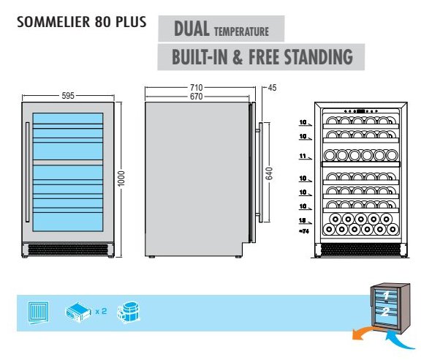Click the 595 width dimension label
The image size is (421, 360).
tap(68, 95)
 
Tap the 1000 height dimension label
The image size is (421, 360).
tap(121, 179)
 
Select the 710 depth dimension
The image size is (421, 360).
tap(197, 87)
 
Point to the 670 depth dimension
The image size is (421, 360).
tap(197, 97)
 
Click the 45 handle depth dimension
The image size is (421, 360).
tap(272, 88)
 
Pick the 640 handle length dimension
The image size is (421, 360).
tap(269, 173)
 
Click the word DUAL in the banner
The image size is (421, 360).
tap(191, 29)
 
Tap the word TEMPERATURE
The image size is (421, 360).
tap(241, 31)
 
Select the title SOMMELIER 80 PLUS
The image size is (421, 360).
tap(82, 22)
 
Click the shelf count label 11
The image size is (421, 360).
tap(303, 156)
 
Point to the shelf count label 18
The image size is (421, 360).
tap(303, 220)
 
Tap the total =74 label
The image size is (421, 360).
tap(304, 231)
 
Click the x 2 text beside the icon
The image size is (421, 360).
tap(101, 311)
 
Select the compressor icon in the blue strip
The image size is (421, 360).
tap(129, 312)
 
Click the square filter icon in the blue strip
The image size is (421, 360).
tap(39, 312)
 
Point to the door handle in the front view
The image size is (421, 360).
tap(27, 172)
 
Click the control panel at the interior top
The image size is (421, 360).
tap(361, 110)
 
